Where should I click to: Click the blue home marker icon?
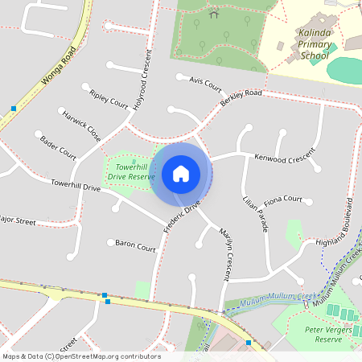(x=181, y=173)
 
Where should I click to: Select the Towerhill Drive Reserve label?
(x=131, y=171)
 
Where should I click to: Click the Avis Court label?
(x=204, y=83)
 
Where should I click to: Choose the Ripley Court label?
(x=109, y=99)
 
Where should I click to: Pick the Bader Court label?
(x=58, y=147)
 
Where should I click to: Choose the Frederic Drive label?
(x=181, y=217)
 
